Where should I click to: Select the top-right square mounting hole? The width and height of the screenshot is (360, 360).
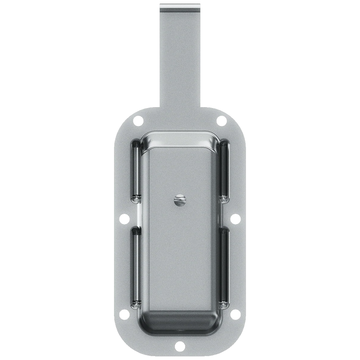click(x=221, y=121)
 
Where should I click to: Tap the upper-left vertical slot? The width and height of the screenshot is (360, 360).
click(x=135, y=169)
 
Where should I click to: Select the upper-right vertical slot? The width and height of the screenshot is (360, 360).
click(x=224, y=169)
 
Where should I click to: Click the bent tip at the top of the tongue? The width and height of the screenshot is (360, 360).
click(x=180, y=7)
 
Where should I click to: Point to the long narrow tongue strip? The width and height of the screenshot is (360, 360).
click(x=180, y=60)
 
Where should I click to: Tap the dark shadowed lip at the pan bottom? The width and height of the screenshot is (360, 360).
click(x=180, y=322)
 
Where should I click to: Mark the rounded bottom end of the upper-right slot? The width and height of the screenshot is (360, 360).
click(x=224, y=198)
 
